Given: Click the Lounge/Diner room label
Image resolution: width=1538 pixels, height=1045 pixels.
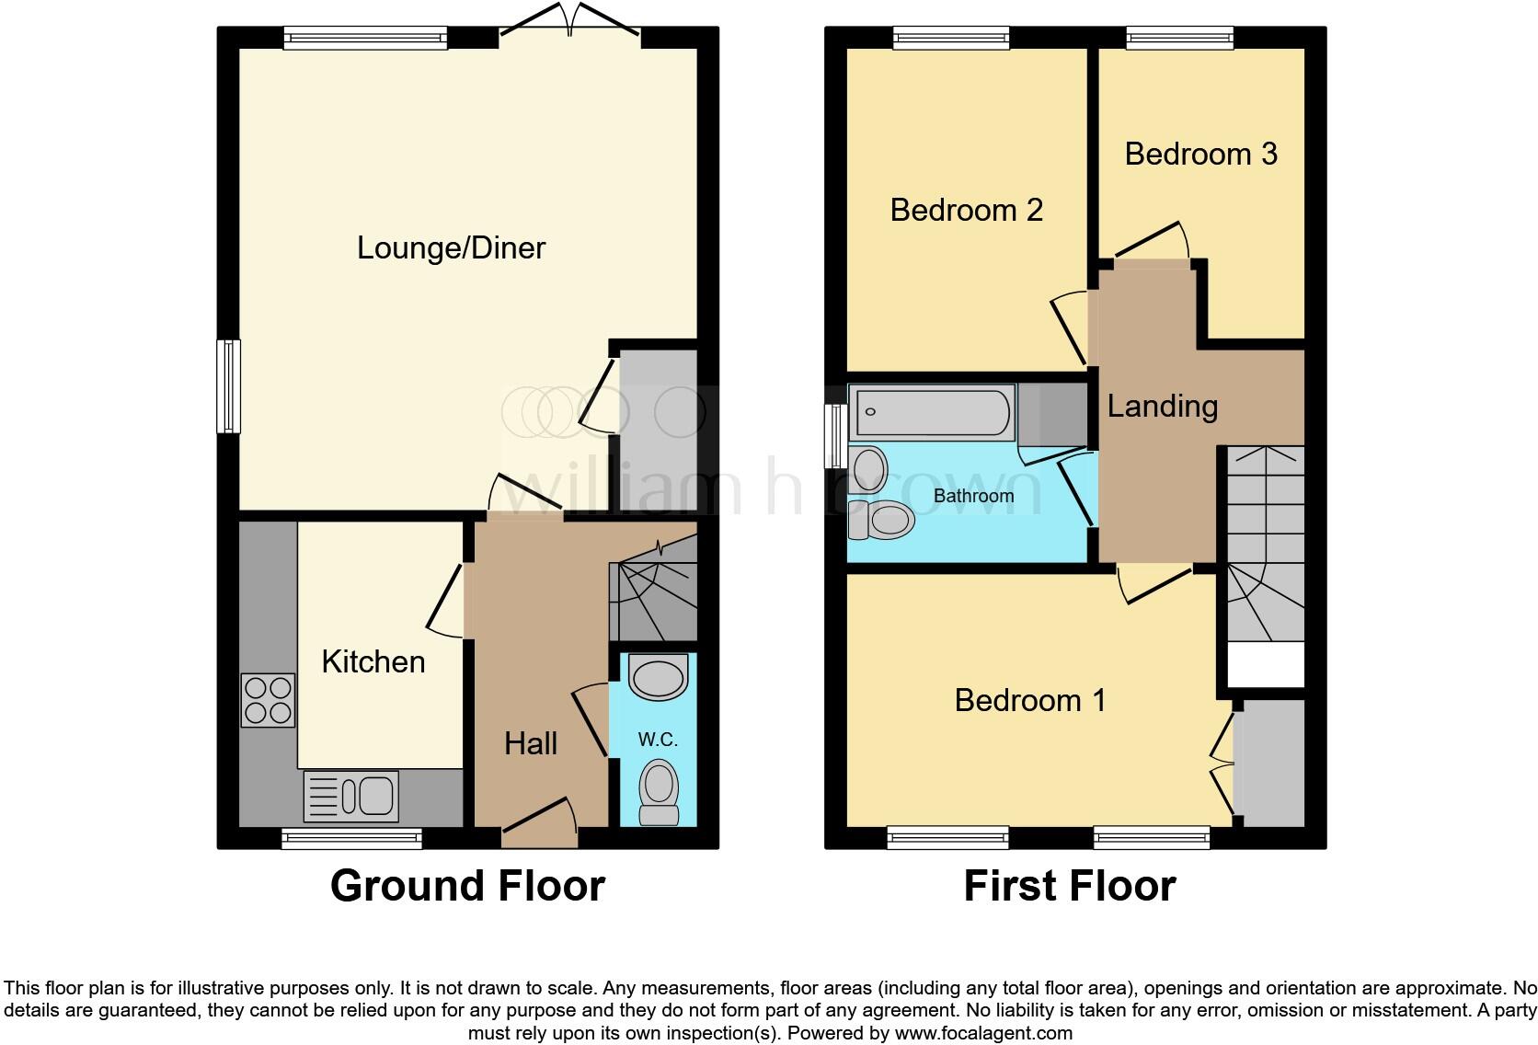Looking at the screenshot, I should click(x=451, y=247).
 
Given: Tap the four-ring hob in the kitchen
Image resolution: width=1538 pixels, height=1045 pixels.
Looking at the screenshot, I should click(x=268, y=700).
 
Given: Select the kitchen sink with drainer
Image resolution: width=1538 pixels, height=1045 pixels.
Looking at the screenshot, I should click(x=351, y=796).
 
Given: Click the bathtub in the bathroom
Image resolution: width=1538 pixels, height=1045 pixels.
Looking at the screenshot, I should click(x=931, y=412).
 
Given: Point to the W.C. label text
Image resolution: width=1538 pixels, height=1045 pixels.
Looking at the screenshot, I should click(x=658, y=740).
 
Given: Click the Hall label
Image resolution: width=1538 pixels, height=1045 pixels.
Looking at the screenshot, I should click(x=531, y=743).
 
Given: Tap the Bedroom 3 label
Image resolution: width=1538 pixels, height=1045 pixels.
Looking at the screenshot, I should click(x=1200, y=154).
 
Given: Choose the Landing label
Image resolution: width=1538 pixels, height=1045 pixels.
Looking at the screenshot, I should click(x=1162, y=406).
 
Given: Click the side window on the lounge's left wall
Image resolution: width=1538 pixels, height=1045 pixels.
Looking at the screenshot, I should click(x=228, y=385).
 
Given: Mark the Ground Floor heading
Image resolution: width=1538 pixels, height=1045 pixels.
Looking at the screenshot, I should click(x=467, y=886).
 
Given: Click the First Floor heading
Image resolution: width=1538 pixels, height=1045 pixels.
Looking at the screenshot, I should click(x=1069, y=886).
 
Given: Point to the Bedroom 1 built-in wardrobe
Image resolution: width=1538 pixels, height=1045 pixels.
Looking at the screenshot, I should click(x=1269, y=764).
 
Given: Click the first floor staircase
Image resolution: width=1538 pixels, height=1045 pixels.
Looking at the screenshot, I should click(x=1262, y=543).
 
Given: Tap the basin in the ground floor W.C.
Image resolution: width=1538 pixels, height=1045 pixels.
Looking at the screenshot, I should click(x=658, y=678).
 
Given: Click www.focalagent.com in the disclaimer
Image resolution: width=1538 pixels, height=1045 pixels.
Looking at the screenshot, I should click(x=983, y=1033).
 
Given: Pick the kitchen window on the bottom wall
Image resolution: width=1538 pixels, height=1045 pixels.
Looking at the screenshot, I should click(x=351, y=838).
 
